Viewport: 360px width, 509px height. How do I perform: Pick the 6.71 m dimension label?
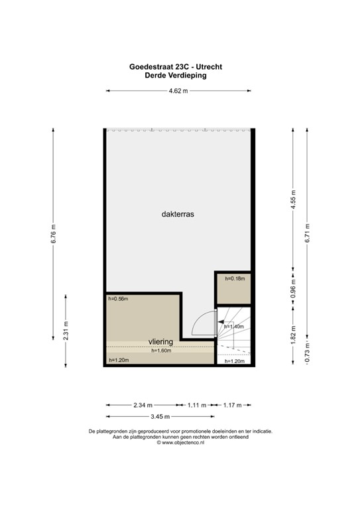pyautogui.click(x=307, y=235)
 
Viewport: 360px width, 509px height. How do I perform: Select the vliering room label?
pyautogui.click(x=160, y=341)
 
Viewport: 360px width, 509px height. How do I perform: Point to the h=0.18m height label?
pyautogui.click(x=235, y=279)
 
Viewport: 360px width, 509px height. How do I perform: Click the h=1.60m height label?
pyautogui.click(x=161, y=350)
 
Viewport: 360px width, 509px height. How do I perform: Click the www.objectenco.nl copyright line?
pyautogui.click(x=180, y=443)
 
